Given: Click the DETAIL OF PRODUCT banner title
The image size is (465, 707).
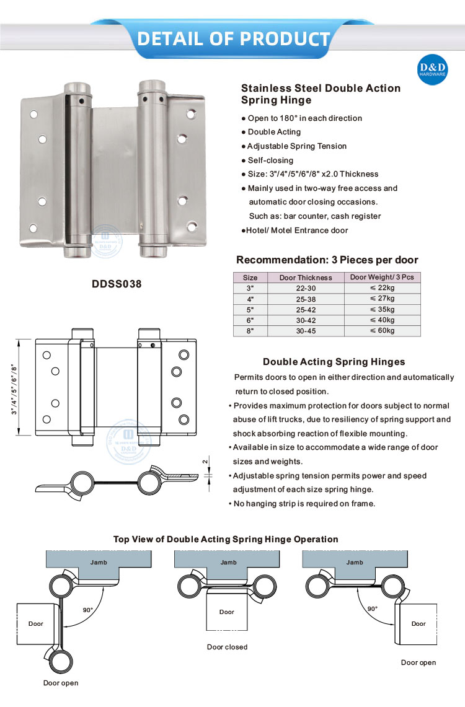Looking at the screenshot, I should pos(233,38).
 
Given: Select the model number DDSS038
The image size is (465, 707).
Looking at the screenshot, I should pos(117,284).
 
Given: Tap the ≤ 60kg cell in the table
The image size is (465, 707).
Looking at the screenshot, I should pos(382,330).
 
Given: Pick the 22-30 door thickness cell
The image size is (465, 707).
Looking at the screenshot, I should pos(306,288).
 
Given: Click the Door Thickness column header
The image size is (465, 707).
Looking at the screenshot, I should pos(306,278).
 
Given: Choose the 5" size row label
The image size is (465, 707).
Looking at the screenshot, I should pos(250,309).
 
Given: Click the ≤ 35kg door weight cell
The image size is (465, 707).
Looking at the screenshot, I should pos(382,309).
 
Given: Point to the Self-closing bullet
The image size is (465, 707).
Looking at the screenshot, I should pos(271,160).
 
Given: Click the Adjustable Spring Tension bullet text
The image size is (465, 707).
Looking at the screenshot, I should pos(296,146).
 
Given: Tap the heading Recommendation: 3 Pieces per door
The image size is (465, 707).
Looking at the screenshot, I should pos(327,260).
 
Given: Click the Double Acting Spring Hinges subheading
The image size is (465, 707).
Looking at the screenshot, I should pos(334,362).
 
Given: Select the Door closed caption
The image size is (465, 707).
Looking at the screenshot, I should pos(227,647).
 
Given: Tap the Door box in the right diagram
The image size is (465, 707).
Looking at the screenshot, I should pos(419,623).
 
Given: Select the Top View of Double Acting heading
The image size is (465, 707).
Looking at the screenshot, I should pos(226,539).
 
